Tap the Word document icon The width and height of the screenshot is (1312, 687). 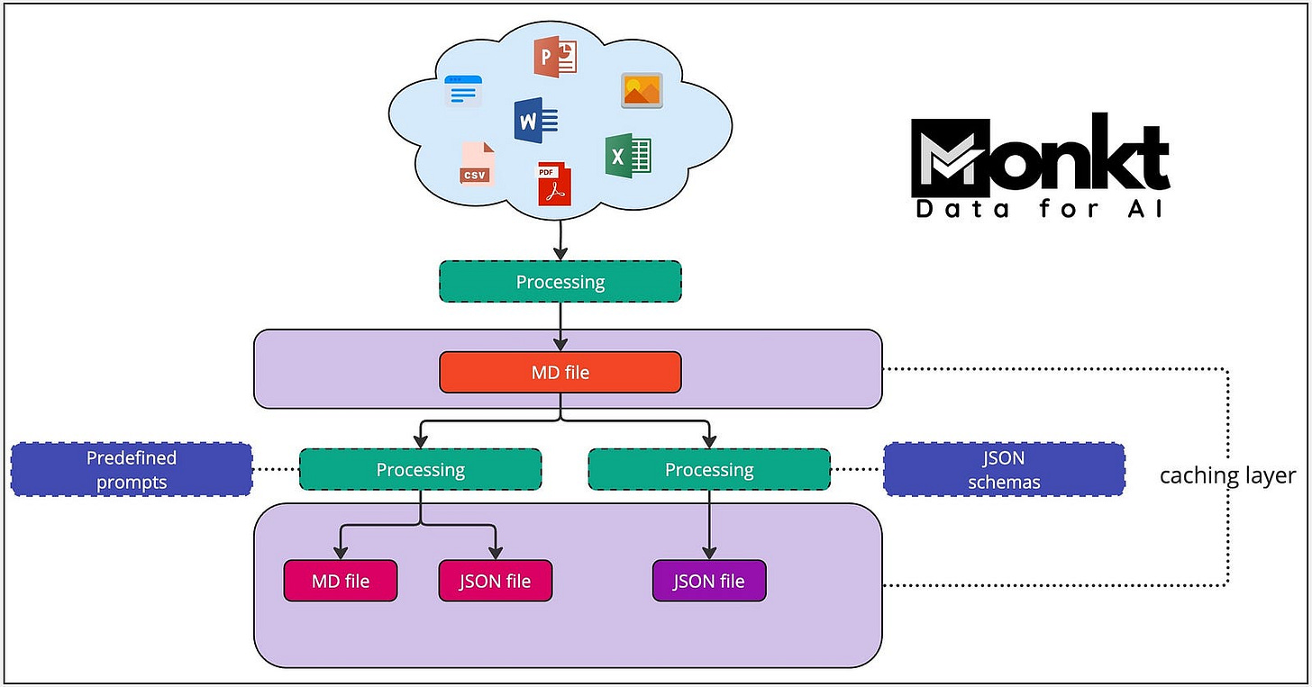click(x=535, y=121)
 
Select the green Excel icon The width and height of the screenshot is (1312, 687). click(x=628, y=155)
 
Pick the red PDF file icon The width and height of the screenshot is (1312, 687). click(x=555, y=185)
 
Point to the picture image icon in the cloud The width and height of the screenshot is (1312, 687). click(x=642, y=91)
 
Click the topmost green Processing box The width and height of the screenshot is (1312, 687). click(x=560, y=282)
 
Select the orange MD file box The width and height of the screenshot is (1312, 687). click(x=560, y=372)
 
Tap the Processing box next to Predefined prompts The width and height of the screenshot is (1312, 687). click(x=420, y=469)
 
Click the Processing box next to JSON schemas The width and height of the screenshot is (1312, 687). click(x=708, y=469)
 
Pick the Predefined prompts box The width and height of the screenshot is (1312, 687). click(x=132, y=469)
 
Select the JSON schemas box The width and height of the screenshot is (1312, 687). click(x=1004, y=469)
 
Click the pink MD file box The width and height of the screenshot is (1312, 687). click(x=341, y=581)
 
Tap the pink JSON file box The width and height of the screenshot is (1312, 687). click(x=495, y=581)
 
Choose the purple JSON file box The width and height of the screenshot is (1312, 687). click(x=709, y=581)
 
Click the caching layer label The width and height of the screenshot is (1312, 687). click(x=1226, y=475)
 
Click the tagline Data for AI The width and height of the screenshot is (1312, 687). click(x=1039, y=209)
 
